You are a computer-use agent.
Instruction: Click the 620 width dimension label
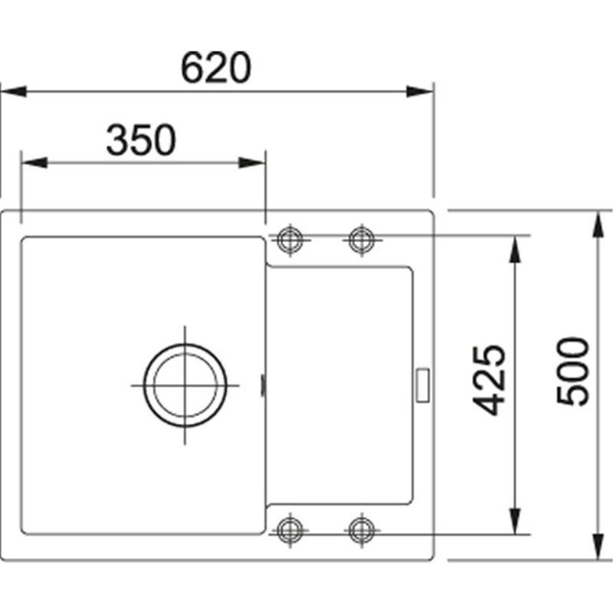215,67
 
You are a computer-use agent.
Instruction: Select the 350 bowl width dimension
141,139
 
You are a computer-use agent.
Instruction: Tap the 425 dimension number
489,380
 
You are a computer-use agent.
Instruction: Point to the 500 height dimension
572,372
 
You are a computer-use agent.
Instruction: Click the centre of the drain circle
185,385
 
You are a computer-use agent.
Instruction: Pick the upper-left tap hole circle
290,240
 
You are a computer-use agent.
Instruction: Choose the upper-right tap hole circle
362,240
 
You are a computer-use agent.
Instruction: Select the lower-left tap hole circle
290,530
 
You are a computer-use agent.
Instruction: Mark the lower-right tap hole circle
362,530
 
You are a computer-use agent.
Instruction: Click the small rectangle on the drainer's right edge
423,385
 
